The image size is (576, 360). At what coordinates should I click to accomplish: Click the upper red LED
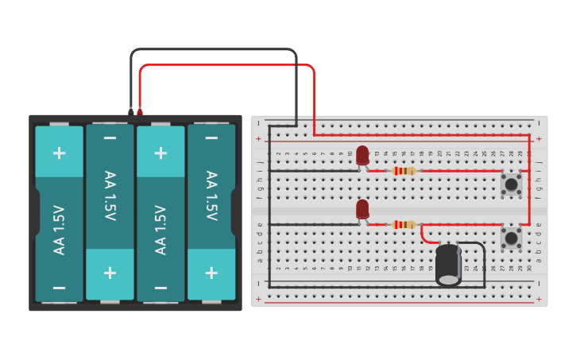362,155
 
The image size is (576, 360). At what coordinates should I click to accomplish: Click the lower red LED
362,209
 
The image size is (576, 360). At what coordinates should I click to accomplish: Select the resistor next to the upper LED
404,170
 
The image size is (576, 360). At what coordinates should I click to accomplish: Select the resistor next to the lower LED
404,224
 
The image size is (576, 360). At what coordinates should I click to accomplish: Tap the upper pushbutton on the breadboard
511,184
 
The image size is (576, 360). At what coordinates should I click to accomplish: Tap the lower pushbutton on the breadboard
511,238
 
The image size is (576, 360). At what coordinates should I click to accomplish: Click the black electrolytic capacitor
448,264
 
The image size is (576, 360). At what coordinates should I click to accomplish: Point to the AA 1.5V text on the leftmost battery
59,230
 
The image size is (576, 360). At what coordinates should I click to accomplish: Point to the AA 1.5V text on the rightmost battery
211,195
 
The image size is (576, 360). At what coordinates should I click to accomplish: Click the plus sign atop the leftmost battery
59,153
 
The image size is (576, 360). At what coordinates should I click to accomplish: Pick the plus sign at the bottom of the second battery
110,273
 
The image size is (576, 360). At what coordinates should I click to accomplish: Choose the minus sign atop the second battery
110,138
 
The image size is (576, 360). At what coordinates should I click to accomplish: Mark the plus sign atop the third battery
160,153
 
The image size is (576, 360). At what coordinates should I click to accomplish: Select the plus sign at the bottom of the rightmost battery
211,273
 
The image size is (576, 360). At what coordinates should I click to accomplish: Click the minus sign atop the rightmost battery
211,138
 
